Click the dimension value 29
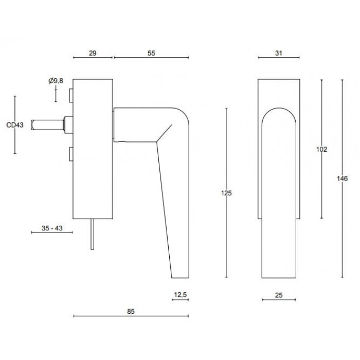93,53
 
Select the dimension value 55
151,53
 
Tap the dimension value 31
279,53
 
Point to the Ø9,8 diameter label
56,81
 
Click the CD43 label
15,125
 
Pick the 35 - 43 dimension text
52,228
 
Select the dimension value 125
226,193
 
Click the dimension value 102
321,150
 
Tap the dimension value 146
343,178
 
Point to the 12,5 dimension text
181,295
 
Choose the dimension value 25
279,295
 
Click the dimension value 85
131,312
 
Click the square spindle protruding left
47,125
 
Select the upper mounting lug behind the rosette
71,95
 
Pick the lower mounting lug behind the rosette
71,154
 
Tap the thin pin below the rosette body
92,234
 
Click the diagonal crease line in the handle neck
164,133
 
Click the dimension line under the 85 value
131,316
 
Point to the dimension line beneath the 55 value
151,58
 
